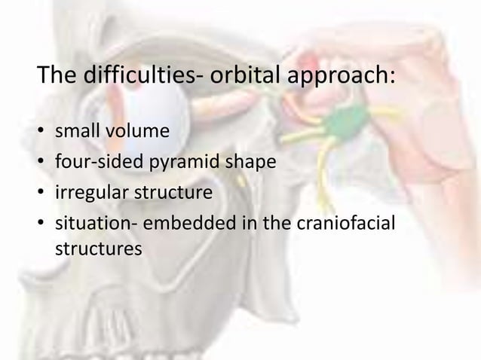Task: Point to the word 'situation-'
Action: coord(94,224)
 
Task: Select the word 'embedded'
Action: coord(181,224)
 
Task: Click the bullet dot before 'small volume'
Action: coord(41,133)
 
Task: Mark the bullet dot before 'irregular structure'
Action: coord(41,194)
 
